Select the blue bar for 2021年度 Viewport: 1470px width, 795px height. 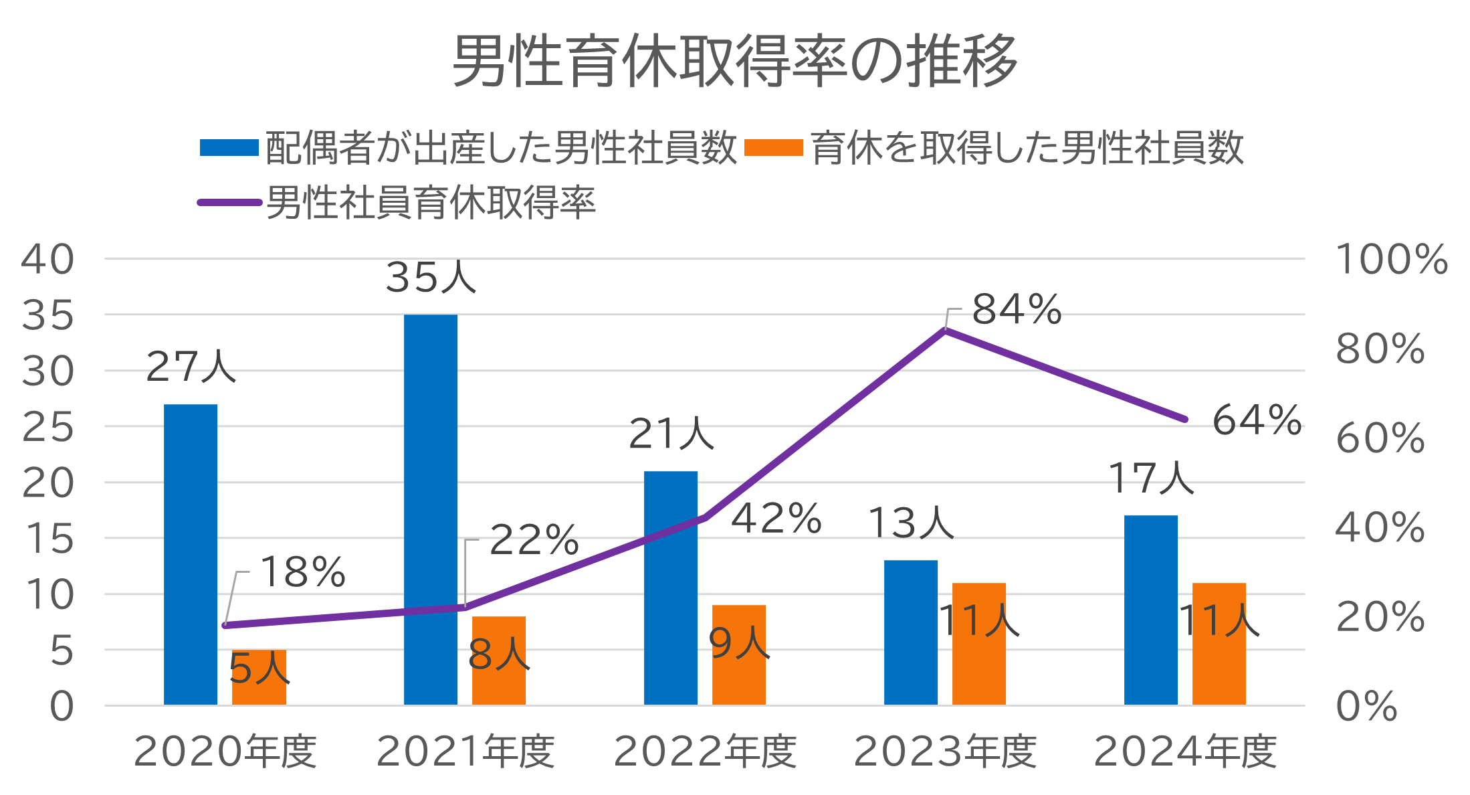point(431,509)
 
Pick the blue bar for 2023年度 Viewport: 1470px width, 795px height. point(911,632)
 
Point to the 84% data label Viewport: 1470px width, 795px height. point(1016,309)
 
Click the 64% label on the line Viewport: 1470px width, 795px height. point(1256,420)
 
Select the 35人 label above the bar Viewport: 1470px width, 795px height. point(431,277)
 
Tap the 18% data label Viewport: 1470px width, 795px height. point(302,572)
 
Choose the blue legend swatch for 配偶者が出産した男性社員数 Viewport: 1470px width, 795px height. point(229,147)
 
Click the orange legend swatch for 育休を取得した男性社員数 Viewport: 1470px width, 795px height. point(773,147)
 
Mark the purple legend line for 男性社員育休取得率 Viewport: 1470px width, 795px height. point(229,202)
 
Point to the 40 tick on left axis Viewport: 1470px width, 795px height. point(47,259)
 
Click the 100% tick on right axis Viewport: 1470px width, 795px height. point(1391,259)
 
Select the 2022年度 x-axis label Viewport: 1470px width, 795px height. point(705,752)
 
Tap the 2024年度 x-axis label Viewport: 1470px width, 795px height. point(1185,752)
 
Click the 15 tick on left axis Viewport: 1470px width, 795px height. point(47,539)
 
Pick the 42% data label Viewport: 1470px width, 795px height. point(776,519)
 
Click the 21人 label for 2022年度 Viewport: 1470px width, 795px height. point(671,434)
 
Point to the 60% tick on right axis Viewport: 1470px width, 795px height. point(1380,438)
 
